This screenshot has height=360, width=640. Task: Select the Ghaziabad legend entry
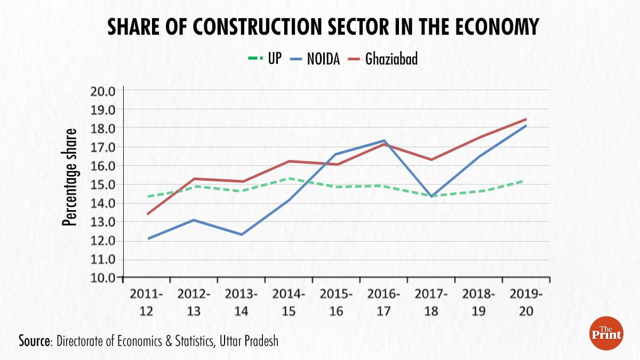[383, 58]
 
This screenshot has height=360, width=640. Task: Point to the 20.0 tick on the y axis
[103, 91]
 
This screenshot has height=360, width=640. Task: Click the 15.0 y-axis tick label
[103, 185]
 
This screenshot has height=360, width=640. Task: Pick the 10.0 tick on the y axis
[103, 278]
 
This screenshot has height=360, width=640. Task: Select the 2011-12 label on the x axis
[146, 302]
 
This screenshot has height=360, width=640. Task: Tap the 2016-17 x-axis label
[383, 302]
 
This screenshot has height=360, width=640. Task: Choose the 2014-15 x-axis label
[289, 302]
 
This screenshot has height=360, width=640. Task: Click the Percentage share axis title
[70, 177]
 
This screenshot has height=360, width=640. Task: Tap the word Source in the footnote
[34, 341]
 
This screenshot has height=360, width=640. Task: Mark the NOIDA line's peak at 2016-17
[383, 141]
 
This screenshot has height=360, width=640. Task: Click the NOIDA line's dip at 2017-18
[431, 196]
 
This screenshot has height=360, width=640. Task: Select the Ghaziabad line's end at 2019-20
[526, 119]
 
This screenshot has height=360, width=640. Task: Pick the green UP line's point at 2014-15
[289, 178]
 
